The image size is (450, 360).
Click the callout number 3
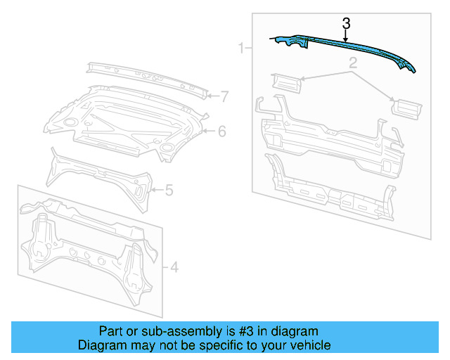click(x=345, y=22)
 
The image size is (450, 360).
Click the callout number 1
click(x=241, y=49)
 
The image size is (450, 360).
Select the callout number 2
click(x=352, y=64)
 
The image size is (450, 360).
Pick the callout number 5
click(x=169, y=189)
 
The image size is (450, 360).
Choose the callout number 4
click(x=174, y=266)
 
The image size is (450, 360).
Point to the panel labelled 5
click(x=98, y=176)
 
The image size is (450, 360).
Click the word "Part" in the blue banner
click(x=111, y=331)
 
